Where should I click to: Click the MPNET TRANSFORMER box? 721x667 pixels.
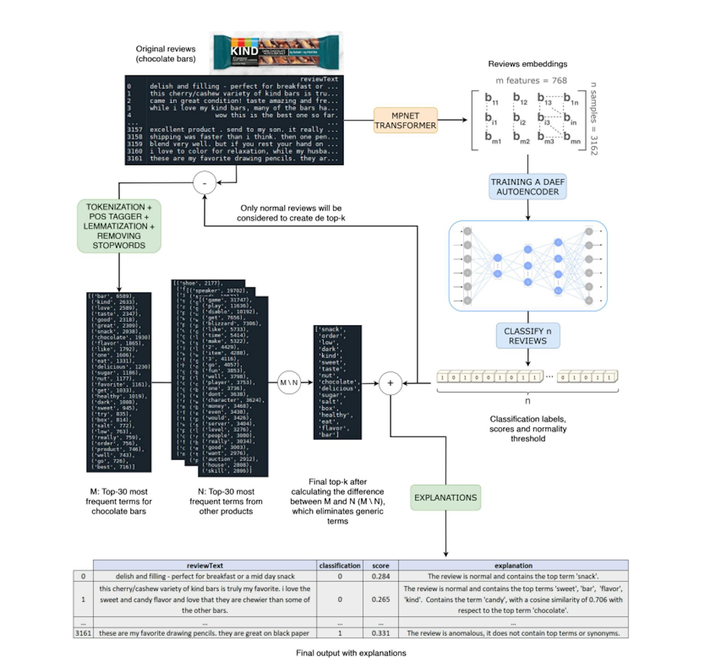405,120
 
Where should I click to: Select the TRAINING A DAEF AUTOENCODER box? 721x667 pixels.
527,186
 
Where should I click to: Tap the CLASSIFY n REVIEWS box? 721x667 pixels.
528,336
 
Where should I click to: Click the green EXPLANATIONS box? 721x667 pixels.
445,497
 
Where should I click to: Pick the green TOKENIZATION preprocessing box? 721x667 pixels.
119,226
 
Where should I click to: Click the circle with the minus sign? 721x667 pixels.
204,183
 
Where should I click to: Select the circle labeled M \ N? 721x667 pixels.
289,383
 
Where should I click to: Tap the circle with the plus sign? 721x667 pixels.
390,383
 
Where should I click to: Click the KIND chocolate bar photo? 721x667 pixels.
276,53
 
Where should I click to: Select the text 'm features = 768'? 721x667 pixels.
531,80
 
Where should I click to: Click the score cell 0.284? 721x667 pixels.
380,576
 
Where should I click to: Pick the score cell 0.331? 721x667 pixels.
380,633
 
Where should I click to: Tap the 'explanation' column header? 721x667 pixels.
513,565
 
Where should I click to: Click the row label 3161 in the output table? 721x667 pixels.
83,633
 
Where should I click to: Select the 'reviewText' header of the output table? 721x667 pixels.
205,565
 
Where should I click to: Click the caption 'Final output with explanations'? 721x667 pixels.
351,653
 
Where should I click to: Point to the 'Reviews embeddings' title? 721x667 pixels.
527,64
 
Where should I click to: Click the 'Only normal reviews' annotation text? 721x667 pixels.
291,213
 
